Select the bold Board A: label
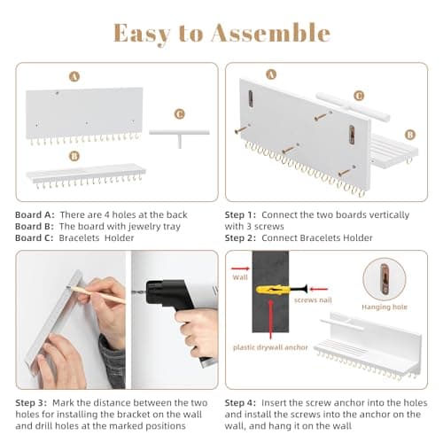click(35, 215)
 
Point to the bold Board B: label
click(35, 227)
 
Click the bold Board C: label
click(35, 238)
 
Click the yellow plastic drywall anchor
click(271, 289)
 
